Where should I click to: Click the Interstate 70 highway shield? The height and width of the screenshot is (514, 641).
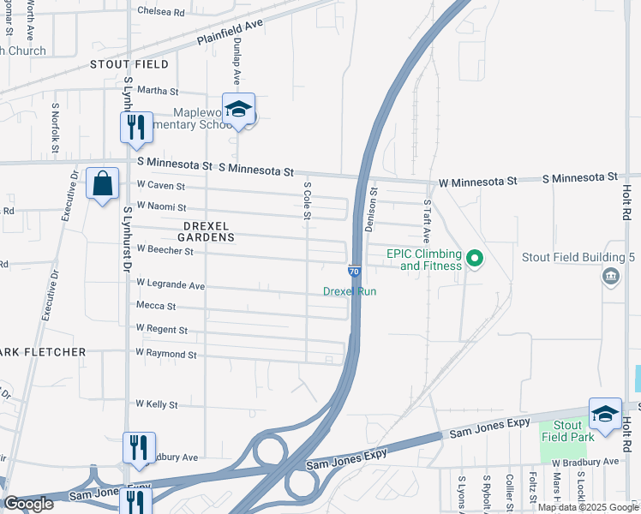pos(354,271)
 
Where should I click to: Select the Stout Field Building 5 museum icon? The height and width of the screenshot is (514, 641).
pos(611,275)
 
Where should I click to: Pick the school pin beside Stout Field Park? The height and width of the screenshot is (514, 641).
pos(605,413)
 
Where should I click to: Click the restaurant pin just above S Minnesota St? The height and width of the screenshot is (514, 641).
pos(136,127)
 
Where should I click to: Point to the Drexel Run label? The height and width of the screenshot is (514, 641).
pos(350,291)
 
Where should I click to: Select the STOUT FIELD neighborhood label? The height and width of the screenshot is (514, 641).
pos(129,64)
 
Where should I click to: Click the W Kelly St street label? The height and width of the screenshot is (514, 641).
pos(156,403)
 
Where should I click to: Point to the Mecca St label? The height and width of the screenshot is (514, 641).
pos(155,306)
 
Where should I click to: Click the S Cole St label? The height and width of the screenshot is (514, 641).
pos(307,200)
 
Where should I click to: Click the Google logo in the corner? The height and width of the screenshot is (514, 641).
pos(29,504)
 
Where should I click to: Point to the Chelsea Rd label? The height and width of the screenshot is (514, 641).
pos(161,13)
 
